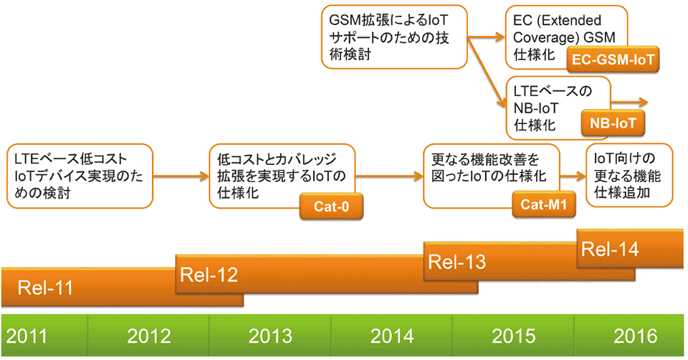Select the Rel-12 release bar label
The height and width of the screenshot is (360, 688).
[x=209, y=274]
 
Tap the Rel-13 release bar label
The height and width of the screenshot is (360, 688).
[x=457, y=261]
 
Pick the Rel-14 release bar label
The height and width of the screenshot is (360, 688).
[x=609, y=250]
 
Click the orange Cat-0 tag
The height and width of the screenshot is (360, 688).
[x=331, y=207]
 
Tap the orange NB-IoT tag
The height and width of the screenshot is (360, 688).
[x=613, y=123]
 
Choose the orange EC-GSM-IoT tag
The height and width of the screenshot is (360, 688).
[x=612, y=60]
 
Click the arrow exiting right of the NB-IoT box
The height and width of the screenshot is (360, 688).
[x=631, y=103]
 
